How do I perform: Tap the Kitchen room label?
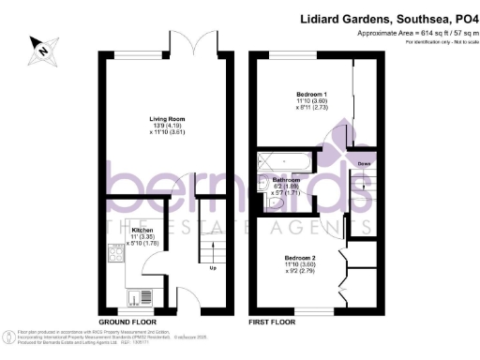pyautogui.click(x=142, y=230)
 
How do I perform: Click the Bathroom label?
pyautogui.click(x=285, y=178)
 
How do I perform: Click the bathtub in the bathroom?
pyautogui.click(x=287, y=161)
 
